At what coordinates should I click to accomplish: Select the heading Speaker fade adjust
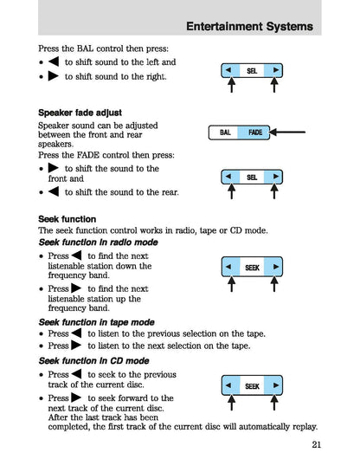[x=80, y=113]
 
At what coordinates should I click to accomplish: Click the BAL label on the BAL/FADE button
[x=225, y=133]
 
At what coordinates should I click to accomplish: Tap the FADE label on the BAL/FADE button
[x=255, y=133]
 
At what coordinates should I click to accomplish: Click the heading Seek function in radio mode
[x=92, y=243]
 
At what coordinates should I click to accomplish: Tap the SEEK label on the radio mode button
[x=252, y=268]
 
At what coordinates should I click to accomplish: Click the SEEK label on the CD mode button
[x=252, y=385]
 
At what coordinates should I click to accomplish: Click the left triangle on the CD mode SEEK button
[x=228, y=385]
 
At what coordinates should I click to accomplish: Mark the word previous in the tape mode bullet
[x=159, y=333]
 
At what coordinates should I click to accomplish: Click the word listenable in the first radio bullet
[x=71, y=270]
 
